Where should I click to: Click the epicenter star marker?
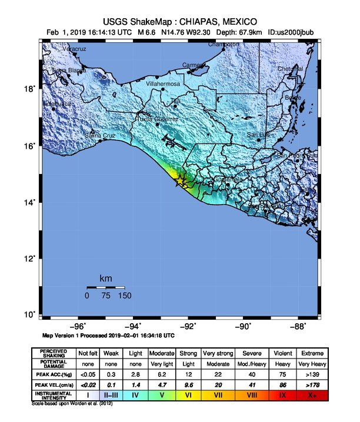[181, 182]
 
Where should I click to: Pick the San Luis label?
[258, 135]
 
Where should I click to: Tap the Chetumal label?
[291, 69]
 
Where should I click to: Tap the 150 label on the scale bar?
[124, 296]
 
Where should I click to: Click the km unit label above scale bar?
[106, 278]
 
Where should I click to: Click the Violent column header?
[284, 353]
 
